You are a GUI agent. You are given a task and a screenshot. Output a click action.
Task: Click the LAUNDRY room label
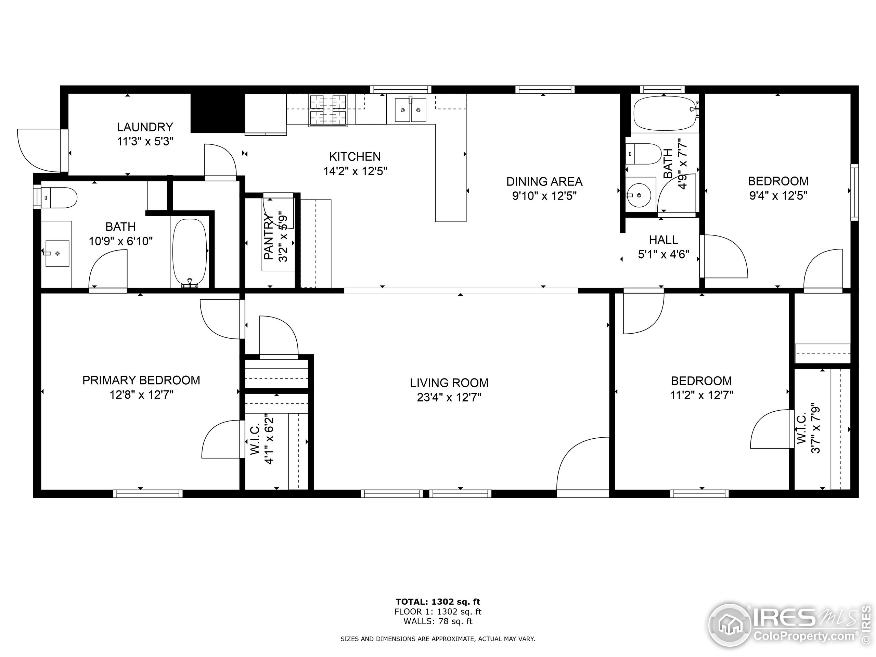(145, 127)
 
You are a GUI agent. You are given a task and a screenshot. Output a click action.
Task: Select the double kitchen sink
(411, 110)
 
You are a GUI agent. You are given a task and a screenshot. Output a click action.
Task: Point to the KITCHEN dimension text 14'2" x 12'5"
(355, 171)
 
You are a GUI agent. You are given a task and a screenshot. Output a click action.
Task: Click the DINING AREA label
(544, 182)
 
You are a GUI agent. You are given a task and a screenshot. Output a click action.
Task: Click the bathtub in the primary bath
(190, 252)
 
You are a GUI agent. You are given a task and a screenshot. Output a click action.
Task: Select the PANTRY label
(269, 237)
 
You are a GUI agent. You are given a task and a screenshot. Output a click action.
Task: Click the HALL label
(664, 240)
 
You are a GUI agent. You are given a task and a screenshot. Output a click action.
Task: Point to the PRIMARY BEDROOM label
(141, 380)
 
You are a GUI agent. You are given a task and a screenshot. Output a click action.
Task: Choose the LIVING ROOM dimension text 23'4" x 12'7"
(449, 397)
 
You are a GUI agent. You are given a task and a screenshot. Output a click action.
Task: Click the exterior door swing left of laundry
(39, 150)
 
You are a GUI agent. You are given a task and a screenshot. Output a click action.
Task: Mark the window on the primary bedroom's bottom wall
(148, 494)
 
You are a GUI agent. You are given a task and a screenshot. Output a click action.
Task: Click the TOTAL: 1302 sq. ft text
(438, 602)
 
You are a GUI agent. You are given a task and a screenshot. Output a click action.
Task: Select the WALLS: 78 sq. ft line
(438, 621)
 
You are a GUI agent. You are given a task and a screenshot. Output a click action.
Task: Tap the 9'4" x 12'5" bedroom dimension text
(778, 196)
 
